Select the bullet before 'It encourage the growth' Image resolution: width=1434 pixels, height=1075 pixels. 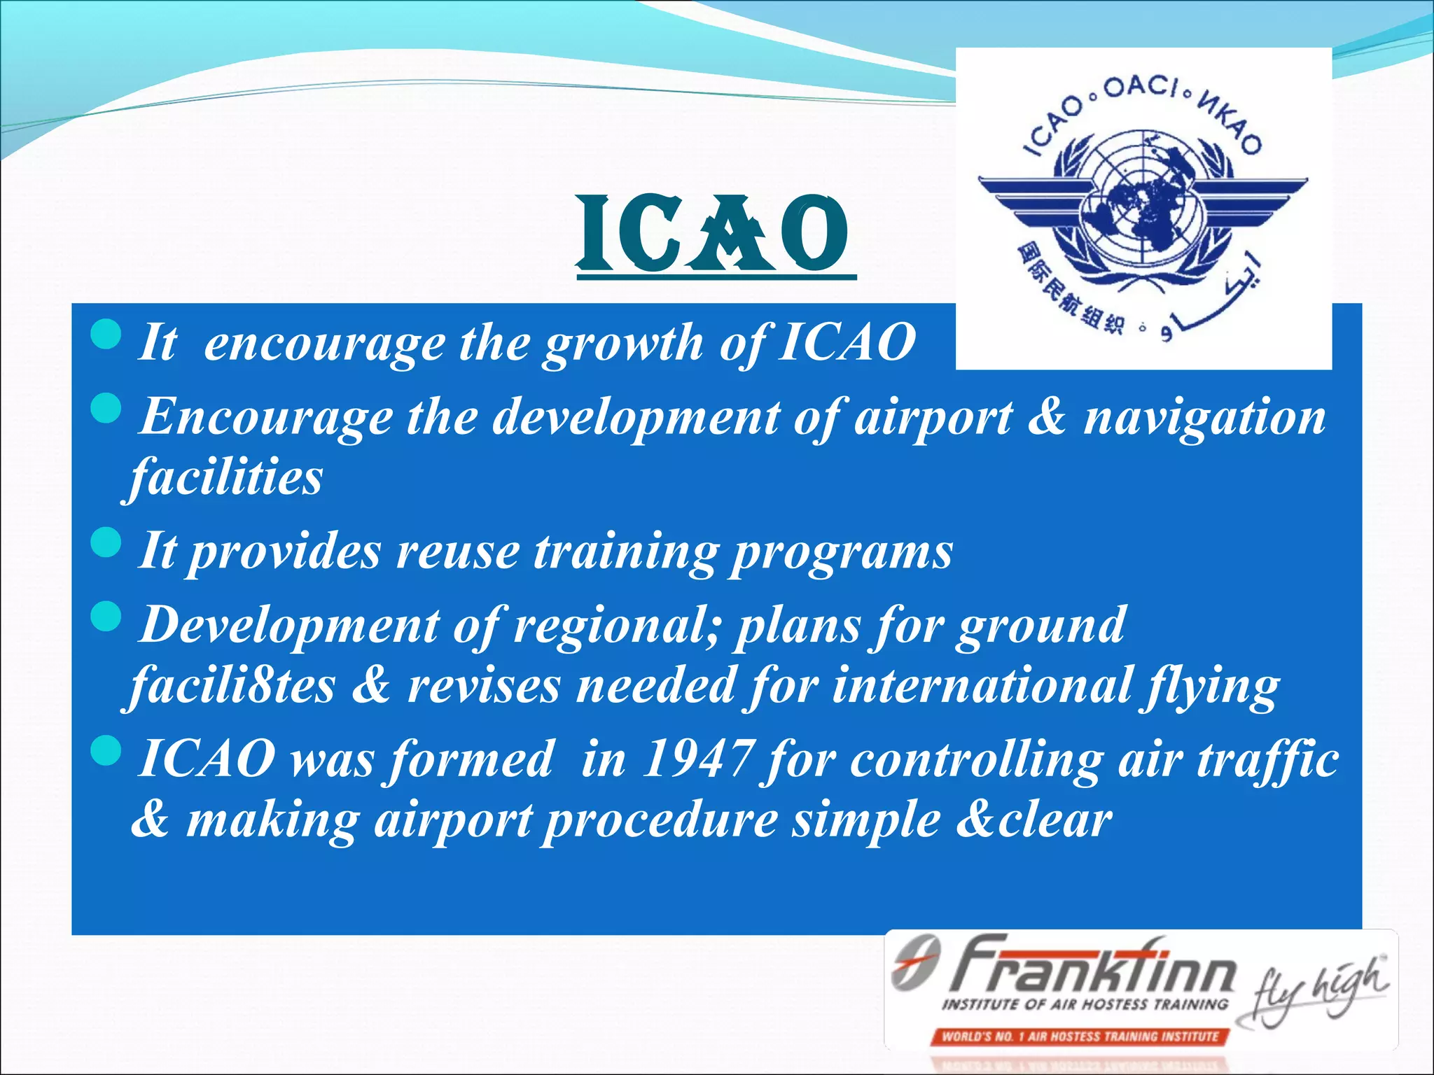click(x=106, y=334)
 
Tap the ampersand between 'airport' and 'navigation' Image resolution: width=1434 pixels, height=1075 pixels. click(x=1046, y=416)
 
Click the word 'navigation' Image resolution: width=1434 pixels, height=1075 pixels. click(x=1204, y=418)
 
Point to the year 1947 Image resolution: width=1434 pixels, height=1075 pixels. click(x=697, y=759)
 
